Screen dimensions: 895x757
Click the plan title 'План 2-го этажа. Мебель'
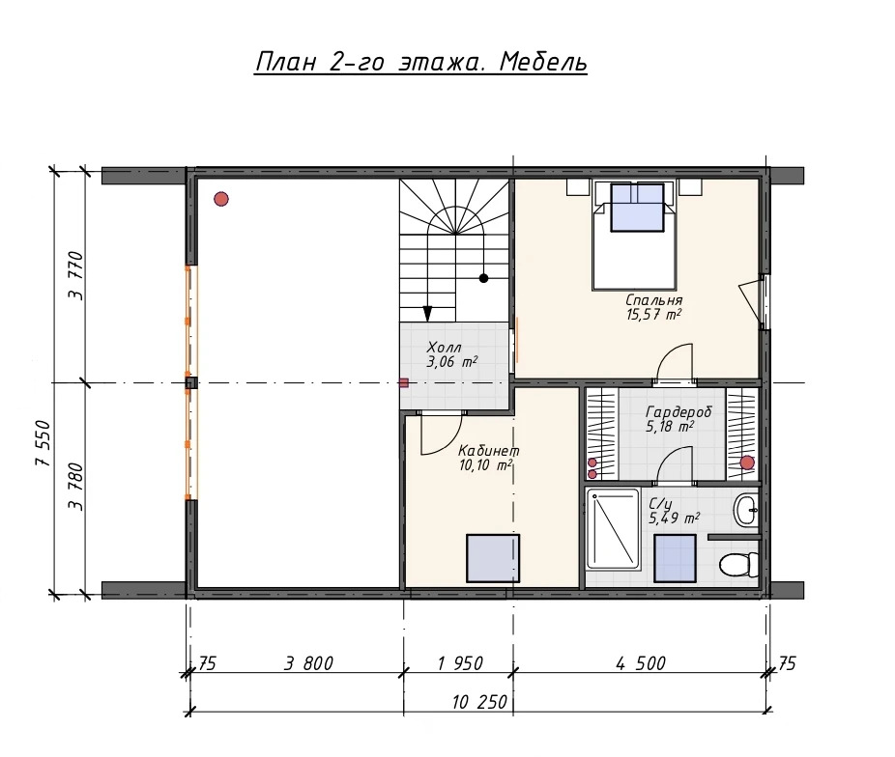[x=420, y=63]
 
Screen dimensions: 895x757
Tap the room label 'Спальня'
[x=653, y=300]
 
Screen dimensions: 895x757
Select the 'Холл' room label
[x=444, y=348]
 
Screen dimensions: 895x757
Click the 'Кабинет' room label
[x=489, y=451]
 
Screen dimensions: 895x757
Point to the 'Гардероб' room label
[x=678, y=411]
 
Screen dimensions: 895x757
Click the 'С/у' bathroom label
[x=660, y=504]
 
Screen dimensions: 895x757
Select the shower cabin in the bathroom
[x=613, y=528]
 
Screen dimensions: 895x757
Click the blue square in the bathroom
[x=675, y=558]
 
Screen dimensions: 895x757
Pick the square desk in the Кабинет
[x=493, y=558]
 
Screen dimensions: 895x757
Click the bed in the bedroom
[x=635, y=236]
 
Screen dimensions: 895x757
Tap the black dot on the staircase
[x=483, y=278]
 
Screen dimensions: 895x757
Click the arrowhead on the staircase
[x=427, y=314]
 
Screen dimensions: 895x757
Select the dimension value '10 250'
[x=479, y=702]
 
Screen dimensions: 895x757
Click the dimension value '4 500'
[x=641, y=663]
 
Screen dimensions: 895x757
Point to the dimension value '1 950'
[x=460, y=663]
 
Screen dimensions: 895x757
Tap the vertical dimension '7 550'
[x=43, y=444]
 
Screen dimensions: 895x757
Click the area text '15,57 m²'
[x=653, y=314]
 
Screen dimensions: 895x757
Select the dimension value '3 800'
[x=308, y=663]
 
